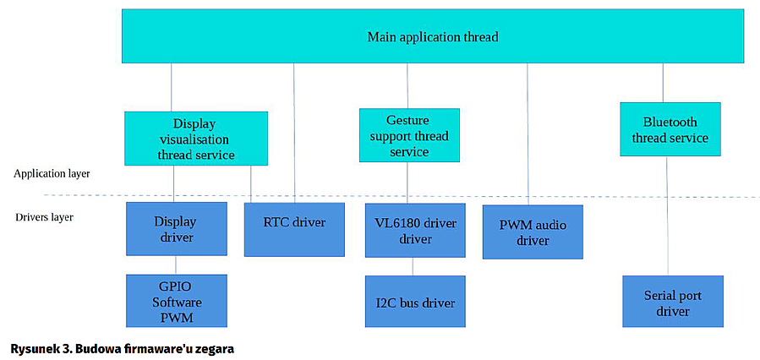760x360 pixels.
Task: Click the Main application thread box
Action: (432, 36)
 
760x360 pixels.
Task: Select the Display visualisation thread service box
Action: (195, 139)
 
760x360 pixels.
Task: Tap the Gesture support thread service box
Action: (409, 135)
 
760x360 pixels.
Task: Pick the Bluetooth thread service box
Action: (670, 129)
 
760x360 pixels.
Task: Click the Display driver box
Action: (176, 229)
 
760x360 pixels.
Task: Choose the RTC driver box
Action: (294, 229)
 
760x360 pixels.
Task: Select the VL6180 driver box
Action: (415, 230)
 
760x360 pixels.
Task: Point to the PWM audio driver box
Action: (533, 232)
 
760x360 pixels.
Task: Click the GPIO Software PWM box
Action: (177, 301)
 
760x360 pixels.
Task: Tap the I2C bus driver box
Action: (415, 302)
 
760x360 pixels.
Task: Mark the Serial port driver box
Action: (672, 302)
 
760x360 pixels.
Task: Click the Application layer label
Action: (52, 173)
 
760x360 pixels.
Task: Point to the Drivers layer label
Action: (44, 217)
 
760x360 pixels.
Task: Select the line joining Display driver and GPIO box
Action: (176, 265)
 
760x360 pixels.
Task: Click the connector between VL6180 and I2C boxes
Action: (413, 266)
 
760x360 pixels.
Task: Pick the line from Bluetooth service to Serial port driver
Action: (667, 215)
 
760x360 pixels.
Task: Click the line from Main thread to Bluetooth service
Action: (663, 83)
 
